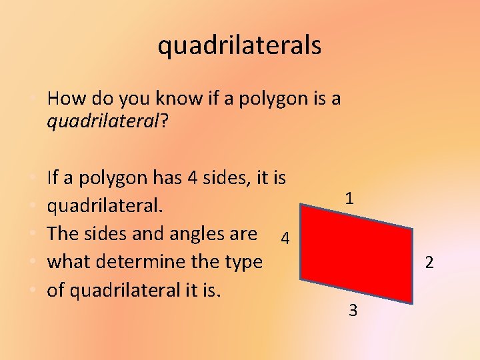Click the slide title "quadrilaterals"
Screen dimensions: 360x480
click(239, 45)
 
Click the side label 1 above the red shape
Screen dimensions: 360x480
click(349, 198)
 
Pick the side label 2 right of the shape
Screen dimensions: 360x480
click(429, 263)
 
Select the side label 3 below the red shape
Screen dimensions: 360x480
click(353, 311)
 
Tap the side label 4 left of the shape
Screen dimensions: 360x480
click(285, 238)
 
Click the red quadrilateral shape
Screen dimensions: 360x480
click(357, 253)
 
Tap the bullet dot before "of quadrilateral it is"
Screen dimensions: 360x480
click(33, 291)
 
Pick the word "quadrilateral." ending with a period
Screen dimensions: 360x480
click(105, 206)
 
